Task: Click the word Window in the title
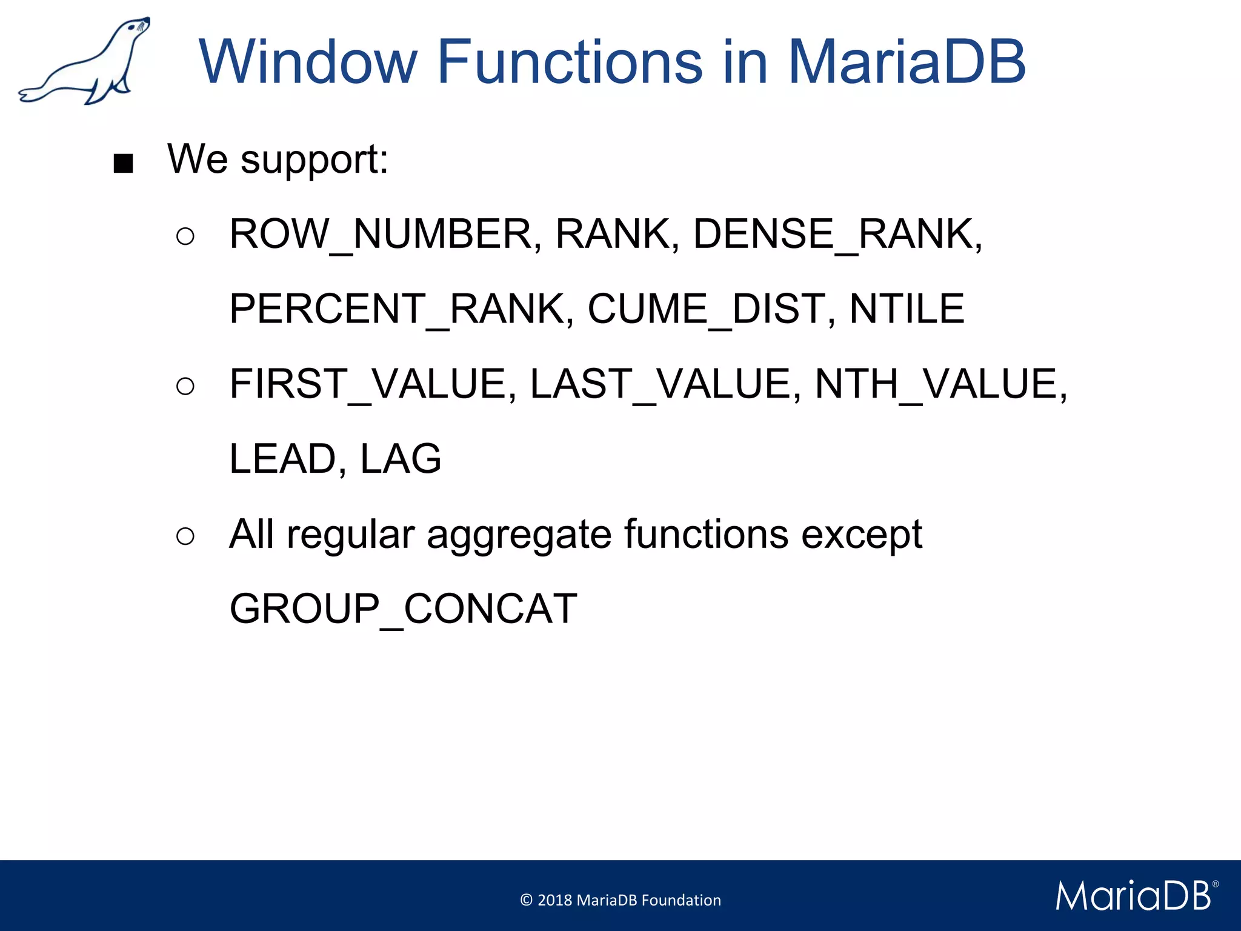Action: click(308, 62)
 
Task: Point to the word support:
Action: click(314, 160)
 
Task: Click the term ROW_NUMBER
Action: click(382, 235)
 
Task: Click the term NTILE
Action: click(906, 309)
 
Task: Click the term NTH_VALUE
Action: click(936, 384)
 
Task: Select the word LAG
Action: click(401, 459)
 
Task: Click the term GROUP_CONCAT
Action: click(403, 609)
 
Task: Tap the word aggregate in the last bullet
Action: click(519, 535)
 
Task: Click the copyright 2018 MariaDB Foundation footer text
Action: click(620, 900)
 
